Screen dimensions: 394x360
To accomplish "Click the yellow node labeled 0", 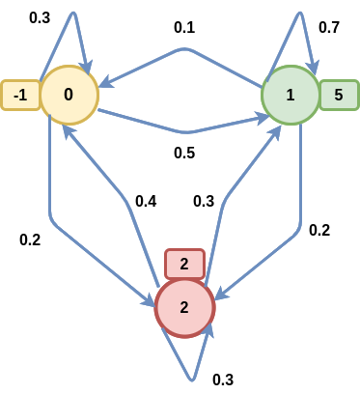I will (69, 95).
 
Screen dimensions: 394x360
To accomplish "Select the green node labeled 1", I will (291, 95).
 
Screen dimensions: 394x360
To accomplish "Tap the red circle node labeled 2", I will (184, 307).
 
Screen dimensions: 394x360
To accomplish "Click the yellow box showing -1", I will (19, 95).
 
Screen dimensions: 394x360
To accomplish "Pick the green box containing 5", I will (339, 95).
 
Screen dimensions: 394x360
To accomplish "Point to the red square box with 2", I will (184, 263).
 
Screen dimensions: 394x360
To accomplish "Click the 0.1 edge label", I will (184, 27).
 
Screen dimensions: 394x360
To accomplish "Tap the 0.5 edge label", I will (184, 153).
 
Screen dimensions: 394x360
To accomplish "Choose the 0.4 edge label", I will (147, 201).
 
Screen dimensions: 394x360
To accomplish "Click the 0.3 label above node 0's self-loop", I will (41, 17).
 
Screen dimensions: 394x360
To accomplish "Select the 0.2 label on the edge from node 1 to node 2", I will (318, 230).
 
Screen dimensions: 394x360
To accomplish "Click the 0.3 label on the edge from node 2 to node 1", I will (204, 201).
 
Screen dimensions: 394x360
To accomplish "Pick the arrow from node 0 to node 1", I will (183, 131).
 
